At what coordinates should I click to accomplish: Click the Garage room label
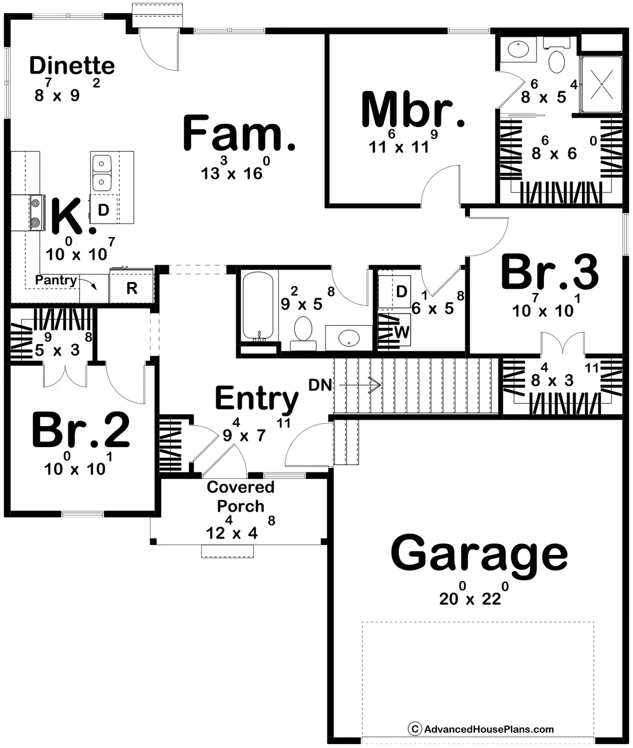479,554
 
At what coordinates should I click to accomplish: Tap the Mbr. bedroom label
413,112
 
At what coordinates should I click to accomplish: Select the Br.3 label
549,273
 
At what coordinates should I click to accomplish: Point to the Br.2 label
81,430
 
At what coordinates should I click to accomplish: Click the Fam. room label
239,133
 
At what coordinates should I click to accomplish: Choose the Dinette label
72,66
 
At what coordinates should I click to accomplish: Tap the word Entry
257,399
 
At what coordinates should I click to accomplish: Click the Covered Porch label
241,496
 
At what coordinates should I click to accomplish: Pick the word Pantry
56,280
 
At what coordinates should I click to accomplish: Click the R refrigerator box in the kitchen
131,288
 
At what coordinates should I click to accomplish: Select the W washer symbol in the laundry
401,332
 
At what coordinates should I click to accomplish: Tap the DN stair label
320,385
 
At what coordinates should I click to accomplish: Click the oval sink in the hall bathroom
349,337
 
